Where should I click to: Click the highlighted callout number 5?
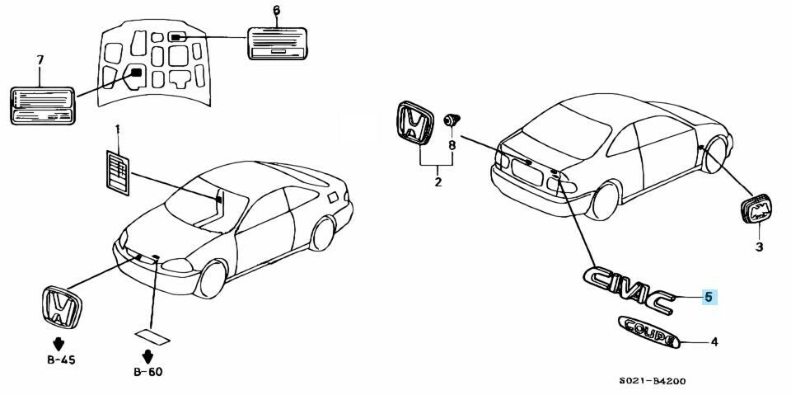click(x=709, y=298)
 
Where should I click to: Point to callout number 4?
click(x=714, y=342)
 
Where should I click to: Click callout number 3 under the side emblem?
click(x=759, y=247)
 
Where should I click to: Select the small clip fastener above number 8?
click(x=451, y=120)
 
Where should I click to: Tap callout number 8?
click(x=452, y=145)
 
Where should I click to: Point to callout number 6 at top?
click(x=276, y=10)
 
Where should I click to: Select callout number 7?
click(x=40, y=60)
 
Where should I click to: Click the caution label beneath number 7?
click(x=43, y=106)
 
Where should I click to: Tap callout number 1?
click(x=118, y=129)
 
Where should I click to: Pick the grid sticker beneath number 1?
click(x=118, y=172)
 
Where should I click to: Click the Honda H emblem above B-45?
click(x=61, y=308)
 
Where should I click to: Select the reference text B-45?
click(x=59, y=360)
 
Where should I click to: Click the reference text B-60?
click(x=148, y=372)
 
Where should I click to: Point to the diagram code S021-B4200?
click(x=653, y=381)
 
